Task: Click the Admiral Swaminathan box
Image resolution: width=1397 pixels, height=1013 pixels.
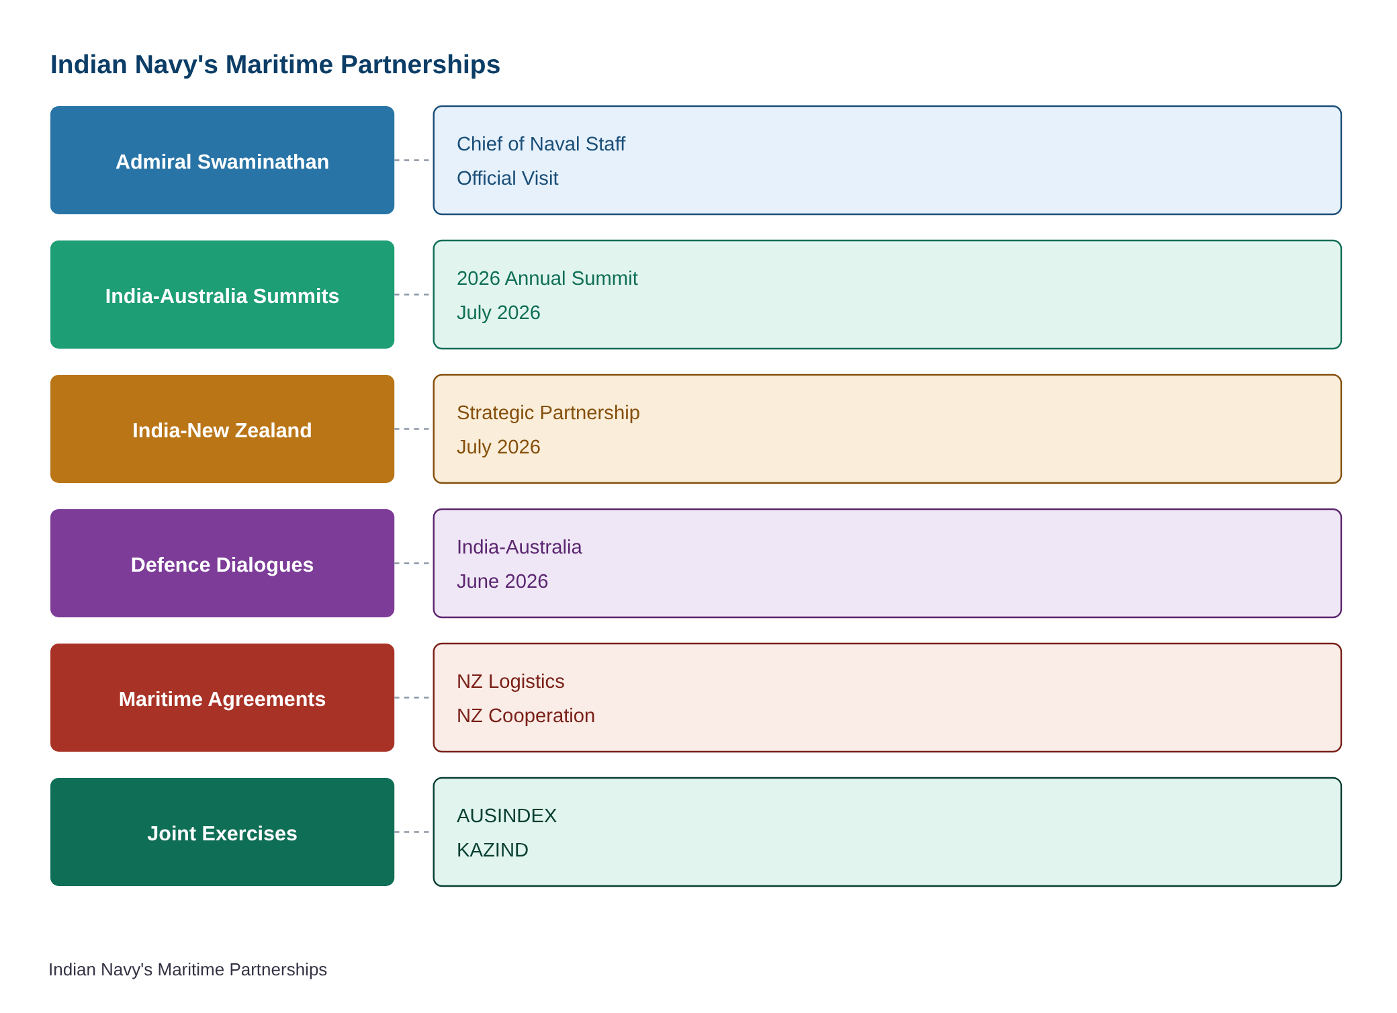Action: (222, 160)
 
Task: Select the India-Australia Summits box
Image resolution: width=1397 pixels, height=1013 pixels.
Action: (222, 294)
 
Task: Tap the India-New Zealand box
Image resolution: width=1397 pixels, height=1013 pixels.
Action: (222, 429)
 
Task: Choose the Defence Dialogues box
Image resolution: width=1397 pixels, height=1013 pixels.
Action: (222, 563)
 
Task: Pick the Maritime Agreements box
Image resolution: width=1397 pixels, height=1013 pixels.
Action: (222, 697)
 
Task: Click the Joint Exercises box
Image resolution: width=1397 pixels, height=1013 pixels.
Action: (222, 832)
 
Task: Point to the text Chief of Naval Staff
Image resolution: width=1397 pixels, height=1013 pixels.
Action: (541, 144)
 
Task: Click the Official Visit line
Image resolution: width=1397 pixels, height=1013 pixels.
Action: (507, 178)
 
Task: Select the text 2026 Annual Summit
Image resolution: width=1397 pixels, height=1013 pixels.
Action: (547, 278)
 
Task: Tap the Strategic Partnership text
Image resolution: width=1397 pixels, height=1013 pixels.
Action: (548, 412)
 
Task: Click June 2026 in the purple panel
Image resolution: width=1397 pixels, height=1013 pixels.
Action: (502, 581)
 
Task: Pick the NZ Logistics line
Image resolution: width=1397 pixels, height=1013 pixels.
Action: (510, 681)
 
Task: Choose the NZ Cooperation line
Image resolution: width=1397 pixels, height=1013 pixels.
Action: (526, 715)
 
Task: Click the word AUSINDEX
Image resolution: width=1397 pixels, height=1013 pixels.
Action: (506, 816)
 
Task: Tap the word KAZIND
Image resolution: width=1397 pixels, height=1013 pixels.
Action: (492, 850)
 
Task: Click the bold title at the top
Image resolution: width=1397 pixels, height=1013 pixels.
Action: (275, 64)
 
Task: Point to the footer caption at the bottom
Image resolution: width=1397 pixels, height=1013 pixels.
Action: (187, 969)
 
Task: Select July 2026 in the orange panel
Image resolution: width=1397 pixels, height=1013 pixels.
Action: (498, 447)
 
